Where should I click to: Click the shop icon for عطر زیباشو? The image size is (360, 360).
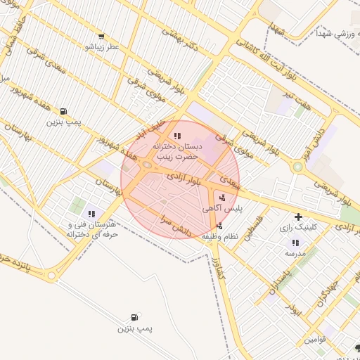(x=103, y=37)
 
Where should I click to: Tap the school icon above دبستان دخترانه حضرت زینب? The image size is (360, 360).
(x=176, y=135)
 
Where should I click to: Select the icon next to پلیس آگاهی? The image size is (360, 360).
(x=222, y=198)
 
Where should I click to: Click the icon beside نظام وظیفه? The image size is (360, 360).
(x=220, y=226)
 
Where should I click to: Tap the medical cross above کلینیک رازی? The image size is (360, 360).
(x=299, y=217)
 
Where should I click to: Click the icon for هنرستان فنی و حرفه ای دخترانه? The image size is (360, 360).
(x=91, y=214)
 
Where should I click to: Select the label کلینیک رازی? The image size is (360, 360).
(x=319, y=228)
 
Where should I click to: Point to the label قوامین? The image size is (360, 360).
(x=316, y=340)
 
